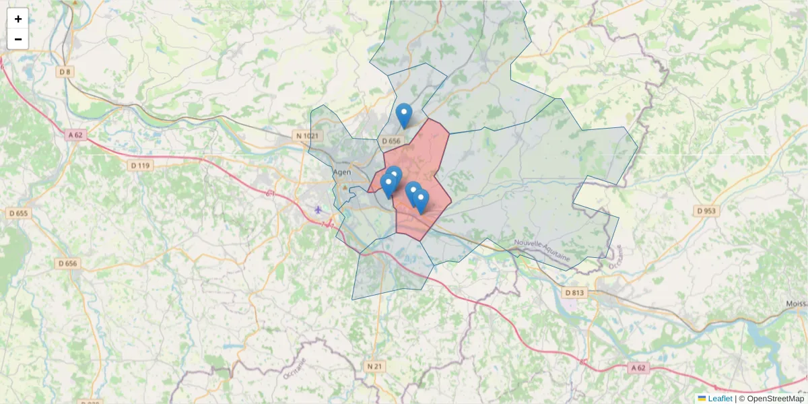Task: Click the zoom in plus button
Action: (18, 19)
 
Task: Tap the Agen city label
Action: (343, 172)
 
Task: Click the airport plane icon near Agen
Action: (318, 209)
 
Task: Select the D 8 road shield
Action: (65, 72)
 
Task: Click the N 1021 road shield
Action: (306, 136)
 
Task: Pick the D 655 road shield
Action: (19, 213)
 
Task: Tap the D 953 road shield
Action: (706, 211)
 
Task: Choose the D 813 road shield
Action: (574, 292)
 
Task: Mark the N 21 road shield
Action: (375, 366)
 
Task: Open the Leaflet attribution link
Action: (720, 399)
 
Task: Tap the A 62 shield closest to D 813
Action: (639, 368)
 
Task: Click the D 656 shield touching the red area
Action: (391, 141)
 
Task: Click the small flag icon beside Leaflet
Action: (702, 399)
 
